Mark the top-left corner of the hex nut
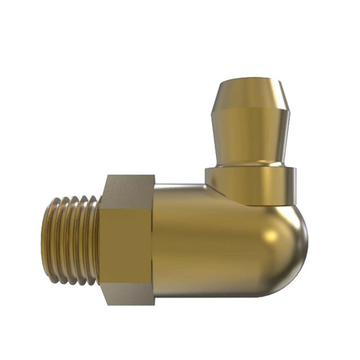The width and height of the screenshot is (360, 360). [107, 176]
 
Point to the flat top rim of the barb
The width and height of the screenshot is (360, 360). [250, 81]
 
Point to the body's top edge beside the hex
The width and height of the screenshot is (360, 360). [180, 185]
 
